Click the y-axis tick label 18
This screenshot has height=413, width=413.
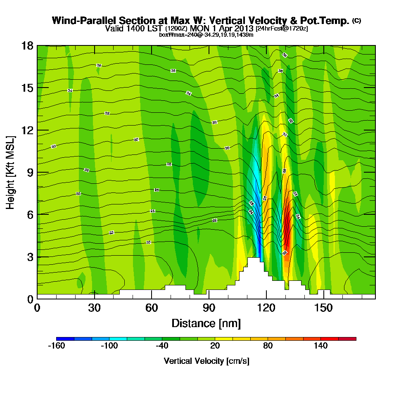point(27,45)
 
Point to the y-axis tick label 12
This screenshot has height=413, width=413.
point(27,130)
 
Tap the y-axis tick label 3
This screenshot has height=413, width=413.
point(30,257)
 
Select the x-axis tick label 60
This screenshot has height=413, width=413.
point(152,308)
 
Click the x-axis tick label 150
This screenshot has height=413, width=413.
point(323,308)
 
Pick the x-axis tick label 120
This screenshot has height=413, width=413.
point(266,308)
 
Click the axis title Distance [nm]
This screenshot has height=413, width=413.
point(206,323)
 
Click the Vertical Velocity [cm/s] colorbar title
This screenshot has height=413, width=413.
point(206,361)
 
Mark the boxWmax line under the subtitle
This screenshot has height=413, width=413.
point(206,35)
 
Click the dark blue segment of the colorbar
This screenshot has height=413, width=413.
point(65,339)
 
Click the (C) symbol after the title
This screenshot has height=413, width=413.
point(356,21)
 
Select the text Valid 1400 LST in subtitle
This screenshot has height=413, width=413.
point(134,28)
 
